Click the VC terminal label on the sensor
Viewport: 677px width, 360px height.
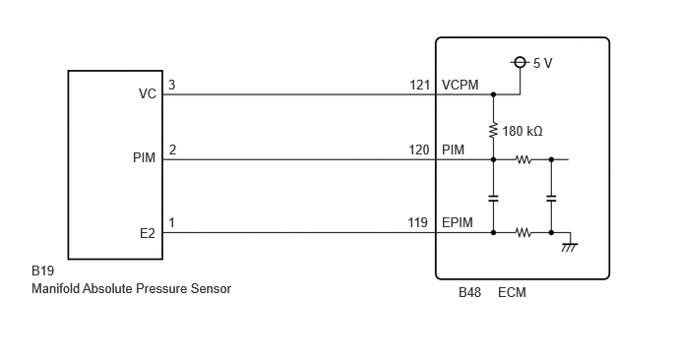(148, 93)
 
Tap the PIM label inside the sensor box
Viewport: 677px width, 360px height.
(145, 157)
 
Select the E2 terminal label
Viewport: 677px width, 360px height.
(148, 233)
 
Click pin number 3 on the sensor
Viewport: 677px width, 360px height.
(172, 85)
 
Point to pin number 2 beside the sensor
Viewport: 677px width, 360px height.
(172, 150)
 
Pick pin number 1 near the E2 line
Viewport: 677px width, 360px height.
(172, 222)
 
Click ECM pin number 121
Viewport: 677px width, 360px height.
(419, 85)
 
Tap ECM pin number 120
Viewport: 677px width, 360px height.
(419, 150)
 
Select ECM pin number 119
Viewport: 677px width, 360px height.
(418, 222)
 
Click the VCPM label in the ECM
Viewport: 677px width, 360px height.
(461, 85)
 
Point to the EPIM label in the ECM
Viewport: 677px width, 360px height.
(458, 222)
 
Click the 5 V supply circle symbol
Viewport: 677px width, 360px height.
(520, 63)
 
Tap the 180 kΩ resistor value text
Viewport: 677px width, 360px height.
(523, 131)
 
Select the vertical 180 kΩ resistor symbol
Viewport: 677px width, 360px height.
(493, 131)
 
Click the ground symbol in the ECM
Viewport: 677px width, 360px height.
(570, 247)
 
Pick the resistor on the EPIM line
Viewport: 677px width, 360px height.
(523, 233)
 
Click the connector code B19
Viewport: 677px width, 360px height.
(42, 270)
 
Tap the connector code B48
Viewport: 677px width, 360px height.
(469, 292)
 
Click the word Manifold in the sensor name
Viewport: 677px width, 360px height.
(55, 288)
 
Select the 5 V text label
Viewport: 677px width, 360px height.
(543, 63)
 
